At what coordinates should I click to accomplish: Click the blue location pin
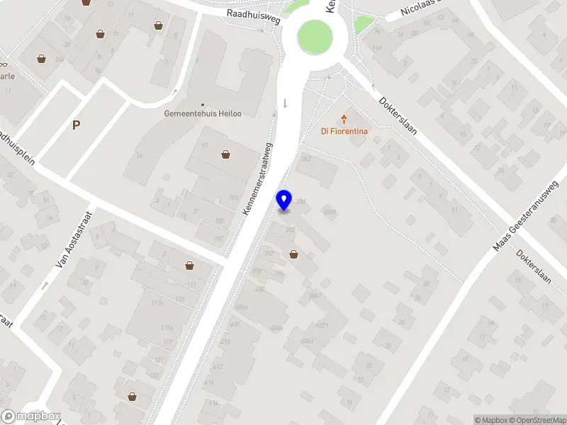[284, 200]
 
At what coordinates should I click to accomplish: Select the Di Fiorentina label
[344, 130]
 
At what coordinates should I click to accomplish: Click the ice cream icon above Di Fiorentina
[345, 118]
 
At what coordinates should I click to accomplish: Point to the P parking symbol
[76, 125]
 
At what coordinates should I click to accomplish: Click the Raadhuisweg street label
[254, 16]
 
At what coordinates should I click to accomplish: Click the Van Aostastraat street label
[64, 242]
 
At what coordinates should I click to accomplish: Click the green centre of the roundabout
[315, 35]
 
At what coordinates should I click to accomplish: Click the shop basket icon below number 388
[293, 254]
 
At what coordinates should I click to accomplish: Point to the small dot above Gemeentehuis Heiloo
[202, 104]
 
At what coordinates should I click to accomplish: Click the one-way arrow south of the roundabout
[285, 103]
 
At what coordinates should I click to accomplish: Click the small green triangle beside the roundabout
[363, 25]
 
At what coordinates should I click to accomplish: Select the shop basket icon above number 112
[189, 266]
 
